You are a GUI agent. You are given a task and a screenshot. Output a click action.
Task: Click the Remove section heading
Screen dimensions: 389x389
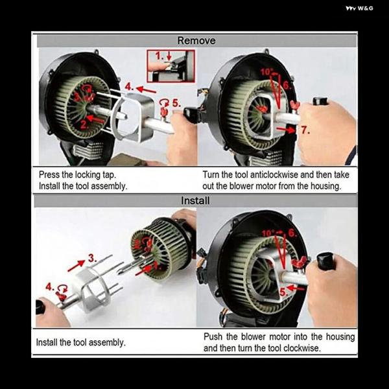tap(196, 41)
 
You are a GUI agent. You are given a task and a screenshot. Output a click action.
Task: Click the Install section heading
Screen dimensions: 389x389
tap(195, 200)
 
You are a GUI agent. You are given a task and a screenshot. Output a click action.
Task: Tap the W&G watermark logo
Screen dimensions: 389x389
tap(359, 8)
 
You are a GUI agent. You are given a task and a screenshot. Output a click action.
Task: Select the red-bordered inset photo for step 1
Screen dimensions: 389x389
tap(171, 66)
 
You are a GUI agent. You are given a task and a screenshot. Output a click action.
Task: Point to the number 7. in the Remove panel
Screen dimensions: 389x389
tap(305, 130)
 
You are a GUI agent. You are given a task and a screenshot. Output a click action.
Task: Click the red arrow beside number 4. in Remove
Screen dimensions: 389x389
tap(146, 90)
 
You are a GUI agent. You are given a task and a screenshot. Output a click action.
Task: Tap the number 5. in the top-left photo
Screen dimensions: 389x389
tap(176, 103)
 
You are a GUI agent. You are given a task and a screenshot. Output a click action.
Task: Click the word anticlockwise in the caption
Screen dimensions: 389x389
tap(274, 174)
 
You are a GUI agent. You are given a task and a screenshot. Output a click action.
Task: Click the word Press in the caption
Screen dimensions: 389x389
tap(49, 174)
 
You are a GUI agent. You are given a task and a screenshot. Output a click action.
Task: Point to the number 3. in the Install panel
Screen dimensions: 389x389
tap(92, 258)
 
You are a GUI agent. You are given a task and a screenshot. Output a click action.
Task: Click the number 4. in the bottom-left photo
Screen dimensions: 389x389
tap(50, 287)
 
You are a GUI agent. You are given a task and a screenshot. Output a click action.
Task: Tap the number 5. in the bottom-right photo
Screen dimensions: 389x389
tap(283, 292)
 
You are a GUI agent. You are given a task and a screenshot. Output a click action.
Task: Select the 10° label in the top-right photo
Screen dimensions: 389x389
tap(266, 72)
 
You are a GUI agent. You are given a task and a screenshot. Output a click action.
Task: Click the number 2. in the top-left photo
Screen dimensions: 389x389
tap(84, 124)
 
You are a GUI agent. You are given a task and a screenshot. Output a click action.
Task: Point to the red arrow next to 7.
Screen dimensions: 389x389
tap(286, 130)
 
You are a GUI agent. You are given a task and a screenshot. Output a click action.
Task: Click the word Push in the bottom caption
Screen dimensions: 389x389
tap(213, 336)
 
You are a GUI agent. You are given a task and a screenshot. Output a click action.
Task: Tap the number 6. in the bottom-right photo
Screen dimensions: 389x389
tap(292, 233)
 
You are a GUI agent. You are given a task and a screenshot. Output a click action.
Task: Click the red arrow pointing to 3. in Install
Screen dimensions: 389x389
tap(77, 265)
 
